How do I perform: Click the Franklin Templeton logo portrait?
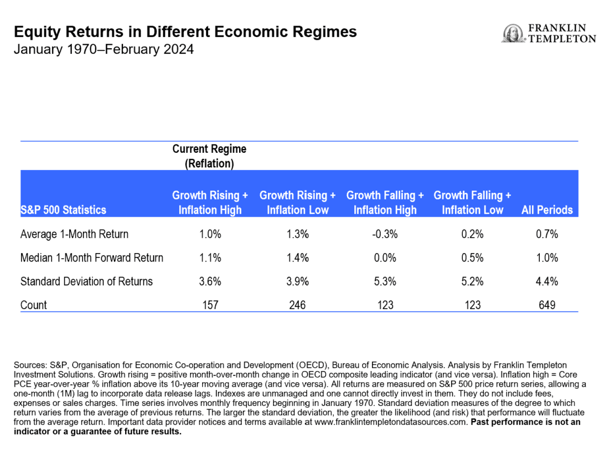click(x=512, y=33)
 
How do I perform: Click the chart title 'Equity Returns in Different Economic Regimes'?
click(x=185, y=32)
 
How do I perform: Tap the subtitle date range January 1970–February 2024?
click(x=104, y=49)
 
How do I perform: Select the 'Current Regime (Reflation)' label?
click(x=209, y=156)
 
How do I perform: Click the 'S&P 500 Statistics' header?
click(x=63, y=210)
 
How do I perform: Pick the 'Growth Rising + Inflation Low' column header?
click(x=297, y=203)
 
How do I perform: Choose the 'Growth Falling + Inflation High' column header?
click(x=385, y=203)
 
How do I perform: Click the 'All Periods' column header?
click(x=546, y=210)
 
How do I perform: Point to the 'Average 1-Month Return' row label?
click(x=74, y=234)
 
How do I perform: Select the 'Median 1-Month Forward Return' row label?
click(x=92, y=258)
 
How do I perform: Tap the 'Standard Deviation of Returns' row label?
click(x=86, y=281)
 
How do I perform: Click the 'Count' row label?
click(x=34, y=305)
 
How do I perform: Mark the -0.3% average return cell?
click(x=385, y=234)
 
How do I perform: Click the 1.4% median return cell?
click(x=297, y=258)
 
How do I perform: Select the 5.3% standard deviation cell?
click(x=385, y=281)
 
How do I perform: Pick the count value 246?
click(x=297, y=305)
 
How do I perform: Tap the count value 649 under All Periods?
click(x=546, y=305)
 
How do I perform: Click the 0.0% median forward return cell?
click(x=385, y=258)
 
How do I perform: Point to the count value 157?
click(x=210, y=305)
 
